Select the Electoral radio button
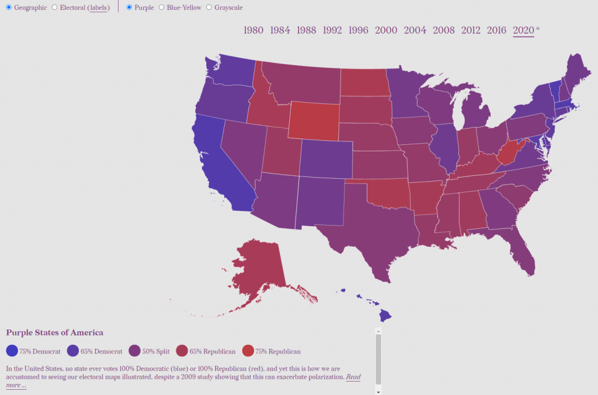tap(54, 8)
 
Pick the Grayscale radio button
tap(210, 8)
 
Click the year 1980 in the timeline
tap(253, 30)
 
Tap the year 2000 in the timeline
tap(386, 30)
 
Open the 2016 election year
tap(496, 30)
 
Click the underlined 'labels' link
tap(98, 8)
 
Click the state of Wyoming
tap(314, 120)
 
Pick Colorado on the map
tap(326, 158)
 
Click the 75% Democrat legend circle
tap(12, 351)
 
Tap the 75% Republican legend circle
tap(249, 351)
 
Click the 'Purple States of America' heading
tap(54, 332)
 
